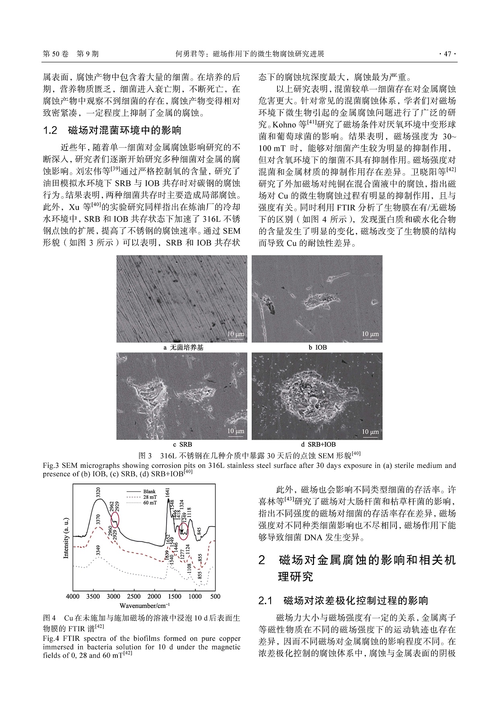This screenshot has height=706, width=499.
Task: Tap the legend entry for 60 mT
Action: click(x=149, y=503)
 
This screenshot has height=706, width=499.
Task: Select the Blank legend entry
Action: click(x=149, y=492)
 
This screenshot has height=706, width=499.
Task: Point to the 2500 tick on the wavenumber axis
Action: click(x=134, y=596)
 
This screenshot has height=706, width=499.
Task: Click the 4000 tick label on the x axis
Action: click(x=73, y=596)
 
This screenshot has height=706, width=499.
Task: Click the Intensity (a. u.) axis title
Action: click(x=66, y=538)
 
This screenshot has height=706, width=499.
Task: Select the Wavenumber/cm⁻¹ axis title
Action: click(x=144, y=605)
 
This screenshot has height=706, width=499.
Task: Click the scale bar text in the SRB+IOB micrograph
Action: click(x=370, y=432)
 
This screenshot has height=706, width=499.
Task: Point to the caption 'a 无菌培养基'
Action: click(x=183, y=348)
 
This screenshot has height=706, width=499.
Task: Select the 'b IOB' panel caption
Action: click(x=317, y=348)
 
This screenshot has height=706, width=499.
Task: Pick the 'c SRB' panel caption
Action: click(x=182, y=445)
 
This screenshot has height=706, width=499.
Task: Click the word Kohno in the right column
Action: click(x=284, y=125)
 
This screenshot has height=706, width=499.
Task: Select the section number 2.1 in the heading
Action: click(x=265, y=601)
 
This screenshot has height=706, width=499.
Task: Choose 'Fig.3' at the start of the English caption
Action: click(x=51, y=465)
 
